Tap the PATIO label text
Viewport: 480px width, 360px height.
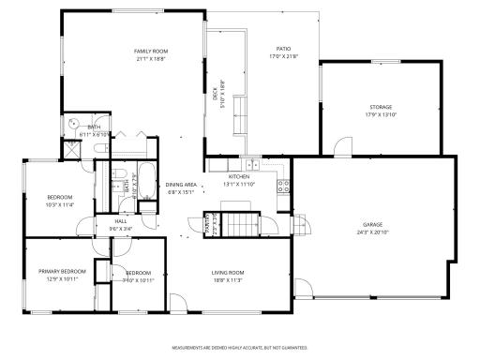coord(282,49)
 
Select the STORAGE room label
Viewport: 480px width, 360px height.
coord(380,108)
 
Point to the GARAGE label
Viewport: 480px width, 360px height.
coord(373,225)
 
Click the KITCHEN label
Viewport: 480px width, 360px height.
coord(238,176)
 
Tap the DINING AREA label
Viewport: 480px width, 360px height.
coord(181,185)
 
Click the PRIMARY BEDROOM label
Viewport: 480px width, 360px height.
coord(57,273)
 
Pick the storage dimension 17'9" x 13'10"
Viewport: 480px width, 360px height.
coord(380,115)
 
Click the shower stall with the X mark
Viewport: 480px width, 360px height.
coord(71,150)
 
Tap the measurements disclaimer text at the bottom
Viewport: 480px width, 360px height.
coord(239,348)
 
